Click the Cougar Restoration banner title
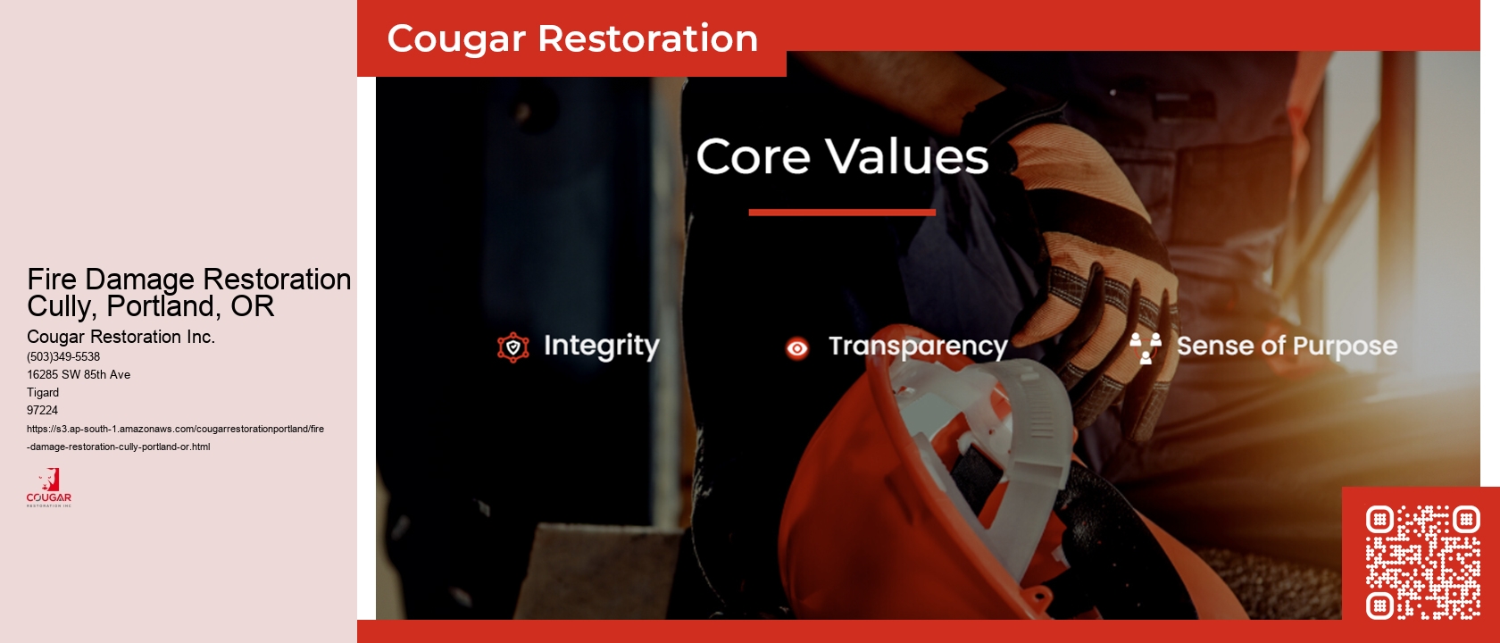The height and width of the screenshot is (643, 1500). click(572, 39)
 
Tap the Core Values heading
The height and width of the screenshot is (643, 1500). click(842, 157)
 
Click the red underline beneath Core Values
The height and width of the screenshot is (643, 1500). click(842, 213)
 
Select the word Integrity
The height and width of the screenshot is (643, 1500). click(601, 346)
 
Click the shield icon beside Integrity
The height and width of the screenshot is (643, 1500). click(513, 347)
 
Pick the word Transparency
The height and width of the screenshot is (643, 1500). click(917, 347)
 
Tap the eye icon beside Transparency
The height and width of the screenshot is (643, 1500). click(796, 348)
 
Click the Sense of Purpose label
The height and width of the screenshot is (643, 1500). click(1286, 346)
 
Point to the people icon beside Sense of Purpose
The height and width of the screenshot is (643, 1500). click(1145, 347)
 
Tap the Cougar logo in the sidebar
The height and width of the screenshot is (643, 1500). click(49, 488)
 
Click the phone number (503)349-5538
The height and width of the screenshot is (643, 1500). click(63, 356)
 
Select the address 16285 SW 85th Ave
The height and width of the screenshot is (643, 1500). click(79, 374)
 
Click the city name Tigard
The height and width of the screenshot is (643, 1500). click(43, 392)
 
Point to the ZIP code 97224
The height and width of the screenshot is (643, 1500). click(42, 410)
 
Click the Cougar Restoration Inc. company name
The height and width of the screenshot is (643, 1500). click(121, 337)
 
